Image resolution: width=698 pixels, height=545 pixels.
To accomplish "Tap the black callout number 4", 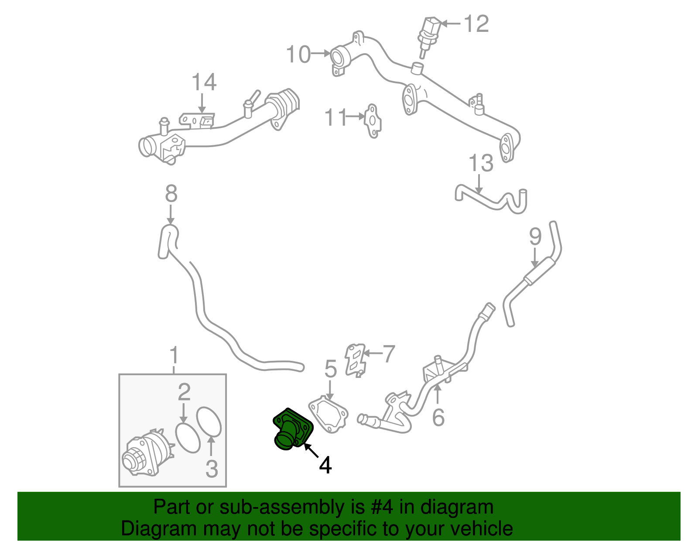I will [x=325, y=466].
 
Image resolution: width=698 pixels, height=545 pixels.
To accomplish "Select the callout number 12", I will [x=476, y=24].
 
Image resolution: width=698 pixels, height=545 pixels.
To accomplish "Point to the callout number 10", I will [x=298, y=55].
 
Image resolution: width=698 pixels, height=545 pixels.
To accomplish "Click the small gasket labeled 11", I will [x=372, y=120].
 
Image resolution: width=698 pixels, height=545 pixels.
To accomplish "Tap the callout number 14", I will [x=204, y=82].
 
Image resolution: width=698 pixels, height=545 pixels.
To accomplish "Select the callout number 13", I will [x=481, y=163].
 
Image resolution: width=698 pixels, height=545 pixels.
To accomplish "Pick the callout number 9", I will [x=535, y=237].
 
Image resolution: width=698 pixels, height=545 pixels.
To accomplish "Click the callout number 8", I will [x=171, y=193].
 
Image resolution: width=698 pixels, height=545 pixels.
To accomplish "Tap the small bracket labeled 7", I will [x=355, y=359].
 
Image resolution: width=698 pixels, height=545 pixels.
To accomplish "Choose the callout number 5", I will [x=331, y=369].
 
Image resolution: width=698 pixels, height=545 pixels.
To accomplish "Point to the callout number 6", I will [x=438, y=417].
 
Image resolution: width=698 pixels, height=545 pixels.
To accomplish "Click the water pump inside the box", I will [x=146, y=454].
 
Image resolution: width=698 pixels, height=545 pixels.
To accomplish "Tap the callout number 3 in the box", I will [x=212, y=469].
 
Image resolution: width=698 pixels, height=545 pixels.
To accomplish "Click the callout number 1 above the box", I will [x=174, y=356].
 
